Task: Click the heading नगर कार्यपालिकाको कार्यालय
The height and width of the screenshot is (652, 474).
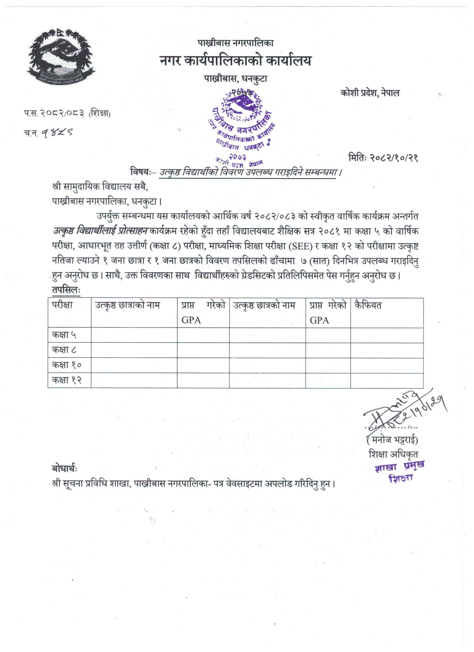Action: pos(235,61)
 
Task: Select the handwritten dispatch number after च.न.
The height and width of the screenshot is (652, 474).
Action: pos(57,132)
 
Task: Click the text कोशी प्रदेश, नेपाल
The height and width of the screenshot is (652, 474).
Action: pos(370,93)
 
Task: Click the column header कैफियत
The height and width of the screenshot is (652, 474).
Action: pos(368,305)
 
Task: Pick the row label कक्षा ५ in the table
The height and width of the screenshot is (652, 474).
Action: pos(64,335)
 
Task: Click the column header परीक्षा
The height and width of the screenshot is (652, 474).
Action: pos(62,305)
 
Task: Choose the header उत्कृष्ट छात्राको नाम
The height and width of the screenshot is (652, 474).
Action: pos(127,305)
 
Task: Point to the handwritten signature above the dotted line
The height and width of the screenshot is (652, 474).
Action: pos(402,411)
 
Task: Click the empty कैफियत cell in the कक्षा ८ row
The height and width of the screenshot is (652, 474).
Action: pos(387,350)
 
